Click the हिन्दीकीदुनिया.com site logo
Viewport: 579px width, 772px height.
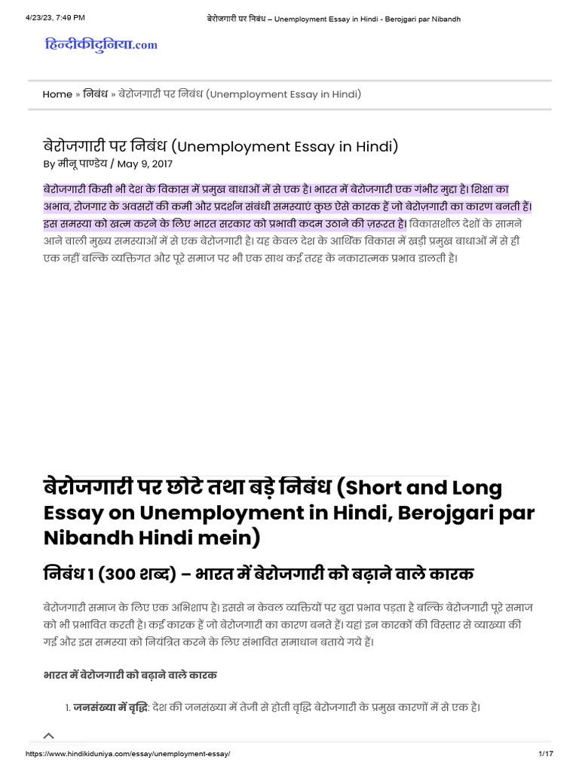pyautogui.click(x=101, y=44)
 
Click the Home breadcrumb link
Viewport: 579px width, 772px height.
pyautogui.click(x=57, y=94)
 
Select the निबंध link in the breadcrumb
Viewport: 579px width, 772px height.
pyautogui.click(x=94, y=94)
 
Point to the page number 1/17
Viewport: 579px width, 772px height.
pyautogui.click(x=546, y=754)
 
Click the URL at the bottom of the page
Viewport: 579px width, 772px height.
pyautogui.click(x=127, y=754)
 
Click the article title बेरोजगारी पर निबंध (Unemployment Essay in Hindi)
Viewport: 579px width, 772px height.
pyautogui.click(x=220, y=146)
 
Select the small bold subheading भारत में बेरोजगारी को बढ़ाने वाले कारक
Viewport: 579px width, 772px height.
pyautogui.click(x=130, y=673)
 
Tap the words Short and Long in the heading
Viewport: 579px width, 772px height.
pyautogui.click(x=427, y=488)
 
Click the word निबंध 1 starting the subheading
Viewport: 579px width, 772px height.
pyautogui.click(x=72, y=574)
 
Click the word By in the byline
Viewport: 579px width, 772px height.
pyautogui.click(x=49, y=164)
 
